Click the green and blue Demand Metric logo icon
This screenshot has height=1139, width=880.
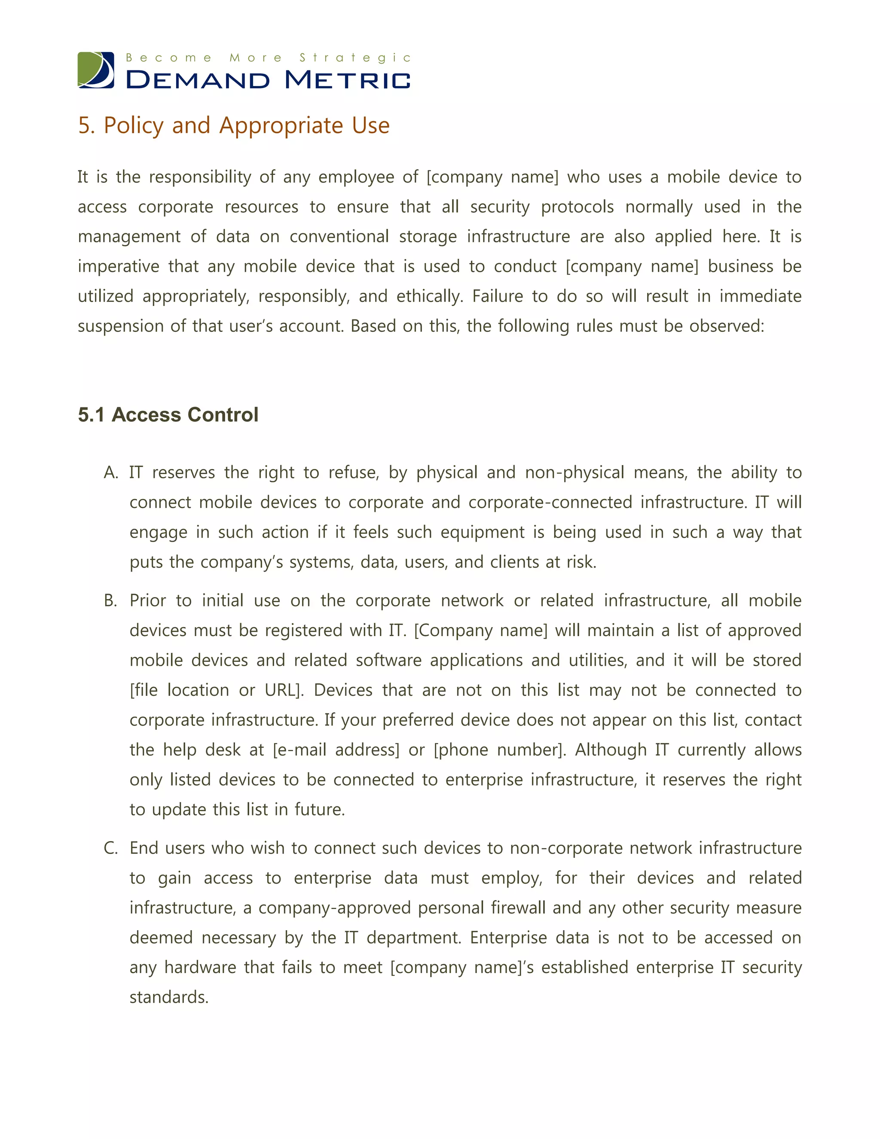pyautogui.click(x=96, y=70)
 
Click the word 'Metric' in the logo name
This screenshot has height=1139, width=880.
pyautogui.click(x=348, y=80)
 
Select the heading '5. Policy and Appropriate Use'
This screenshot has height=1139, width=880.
pyautogui.click(x=234, y=126)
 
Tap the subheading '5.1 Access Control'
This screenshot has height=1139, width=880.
pyautogui.click(x=168, y=415)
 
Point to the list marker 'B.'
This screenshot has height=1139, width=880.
pyautogui.click(x=110, y=601)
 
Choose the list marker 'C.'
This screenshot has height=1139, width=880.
pyautogui.click(x=110, y=848)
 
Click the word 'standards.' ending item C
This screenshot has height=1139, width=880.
pyautogui.click(x=169, y=997)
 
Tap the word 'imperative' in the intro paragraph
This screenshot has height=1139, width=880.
pyautogui.click(x=118, y=266)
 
